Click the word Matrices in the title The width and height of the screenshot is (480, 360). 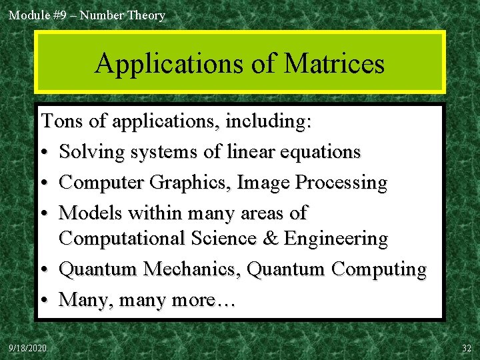coord(334,64)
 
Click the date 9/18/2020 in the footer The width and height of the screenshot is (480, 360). coord(28,349)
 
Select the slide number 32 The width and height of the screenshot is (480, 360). coord(466,349)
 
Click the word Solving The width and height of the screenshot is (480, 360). coord(91,152)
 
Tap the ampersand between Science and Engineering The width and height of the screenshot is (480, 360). coord(272,239)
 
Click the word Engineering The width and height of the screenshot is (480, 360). coord(336,239)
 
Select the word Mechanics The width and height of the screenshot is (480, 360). coord(193,269)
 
